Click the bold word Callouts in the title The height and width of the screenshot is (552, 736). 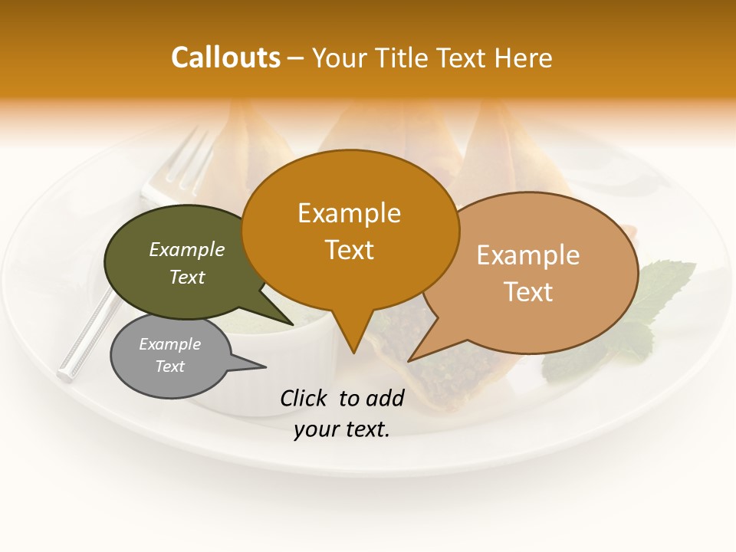pos(225,58)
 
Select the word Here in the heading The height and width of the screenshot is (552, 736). pos(524,58)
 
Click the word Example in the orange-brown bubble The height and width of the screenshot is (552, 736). pos(349,213)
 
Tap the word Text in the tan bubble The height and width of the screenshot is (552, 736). pos(528,292)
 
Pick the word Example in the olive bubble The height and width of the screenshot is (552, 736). pos(187,250)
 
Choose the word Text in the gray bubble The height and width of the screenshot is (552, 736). pos(170,366)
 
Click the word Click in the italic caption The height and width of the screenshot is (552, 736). pos(304,398)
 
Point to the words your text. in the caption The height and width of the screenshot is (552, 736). pos(342,429)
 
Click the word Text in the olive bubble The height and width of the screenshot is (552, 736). pos(187,278)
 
